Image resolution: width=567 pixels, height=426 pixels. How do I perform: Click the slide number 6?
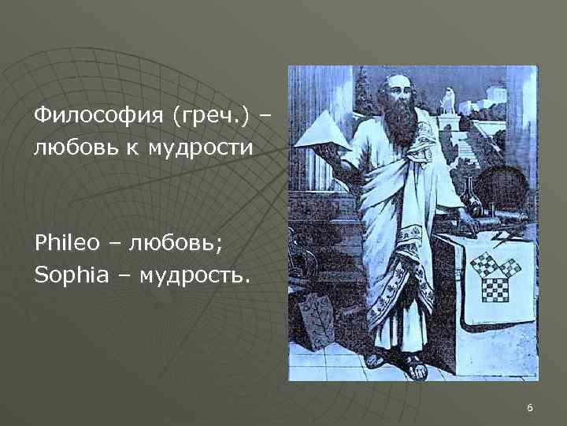click(529, 408)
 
